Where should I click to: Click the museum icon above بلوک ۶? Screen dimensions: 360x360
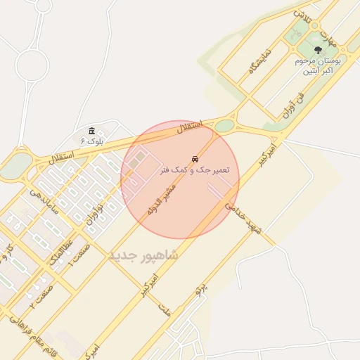[x=93, y=131]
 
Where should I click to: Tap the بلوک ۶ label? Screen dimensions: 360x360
[x=92, y=141]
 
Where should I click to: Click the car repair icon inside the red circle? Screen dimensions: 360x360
[x=195, y=159]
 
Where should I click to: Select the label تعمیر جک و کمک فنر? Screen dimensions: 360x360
[x=195, y=170]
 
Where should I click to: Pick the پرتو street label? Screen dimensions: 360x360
[x=202, y=286]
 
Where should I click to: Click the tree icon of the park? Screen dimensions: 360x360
[x=319, y=50]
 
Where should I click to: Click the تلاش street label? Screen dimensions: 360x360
[x=302, y=15]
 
